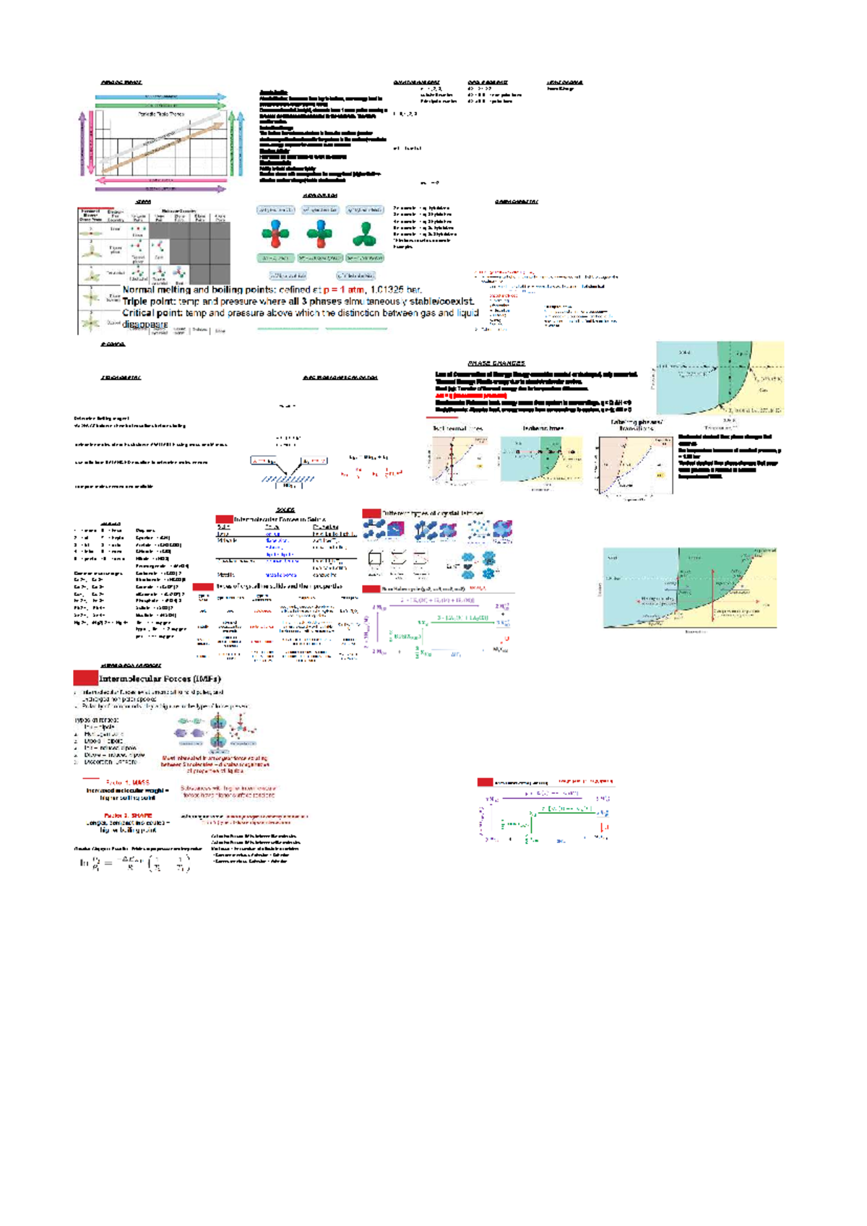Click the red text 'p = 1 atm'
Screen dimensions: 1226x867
(345, 290)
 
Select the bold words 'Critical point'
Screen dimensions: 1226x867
(151, 313)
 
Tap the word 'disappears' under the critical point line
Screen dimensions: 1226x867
(144, 324)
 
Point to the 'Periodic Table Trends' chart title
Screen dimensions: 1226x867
(161, 114)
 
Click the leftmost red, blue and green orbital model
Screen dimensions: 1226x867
(275, 234)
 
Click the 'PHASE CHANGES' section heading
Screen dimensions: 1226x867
(496, 363)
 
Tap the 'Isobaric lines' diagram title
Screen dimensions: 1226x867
(543, 428)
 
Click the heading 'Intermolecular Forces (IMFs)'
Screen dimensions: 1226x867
(160, 678)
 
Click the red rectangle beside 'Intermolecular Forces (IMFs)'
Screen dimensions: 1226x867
(85, 678)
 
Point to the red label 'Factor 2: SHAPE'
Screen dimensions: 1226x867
(128, 816)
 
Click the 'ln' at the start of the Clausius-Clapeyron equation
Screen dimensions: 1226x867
(84, 863)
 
